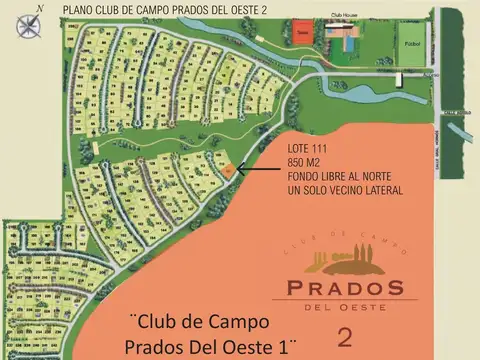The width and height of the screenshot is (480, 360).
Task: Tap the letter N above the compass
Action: pyautogui.click(x=37, y=8)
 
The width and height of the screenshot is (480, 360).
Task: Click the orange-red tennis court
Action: pyautogui.click(x=301, y=33)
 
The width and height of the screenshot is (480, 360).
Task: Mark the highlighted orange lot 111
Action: pyautogui.click(x=229, y=170)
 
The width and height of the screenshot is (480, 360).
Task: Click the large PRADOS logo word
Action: pyautogui.click(x=345, y=288)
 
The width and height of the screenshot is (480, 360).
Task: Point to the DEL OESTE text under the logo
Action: pyautogui.click(x=345, y=306)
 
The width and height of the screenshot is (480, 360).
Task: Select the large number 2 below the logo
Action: pyautogui.click(x=345, y=335)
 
